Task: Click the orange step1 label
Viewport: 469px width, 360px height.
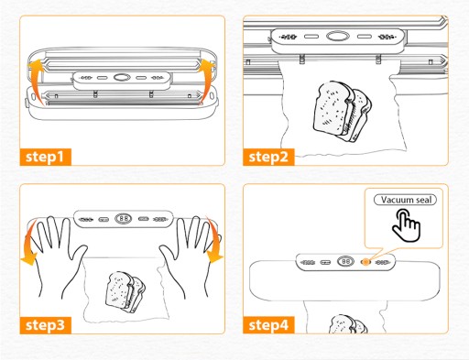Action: (45, 157)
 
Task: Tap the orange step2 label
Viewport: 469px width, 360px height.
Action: (268, 157)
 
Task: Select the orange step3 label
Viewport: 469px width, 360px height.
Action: (45, 325)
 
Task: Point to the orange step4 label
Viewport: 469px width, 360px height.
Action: (268, 325)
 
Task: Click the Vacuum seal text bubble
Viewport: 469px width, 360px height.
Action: (405, 200)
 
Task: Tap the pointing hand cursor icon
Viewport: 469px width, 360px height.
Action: (407, 225)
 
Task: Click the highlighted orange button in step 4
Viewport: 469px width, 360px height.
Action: (365, 262)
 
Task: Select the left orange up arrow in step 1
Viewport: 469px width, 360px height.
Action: (36, 81)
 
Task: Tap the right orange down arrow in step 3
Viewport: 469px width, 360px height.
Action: (214, 241)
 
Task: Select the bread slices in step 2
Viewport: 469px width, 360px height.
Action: (343, 112)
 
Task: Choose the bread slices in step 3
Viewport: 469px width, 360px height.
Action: (125, 292)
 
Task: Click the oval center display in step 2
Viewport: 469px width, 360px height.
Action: (338, 37)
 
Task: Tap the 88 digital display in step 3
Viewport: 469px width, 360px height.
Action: (124, 219)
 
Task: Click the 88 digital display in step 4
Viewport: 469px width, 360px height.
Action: (345, 262)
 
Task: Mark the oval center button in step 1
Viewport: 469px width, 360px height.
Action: (122, 78)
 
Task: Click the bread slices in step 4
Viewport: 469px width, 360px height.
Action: (348, 324)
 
